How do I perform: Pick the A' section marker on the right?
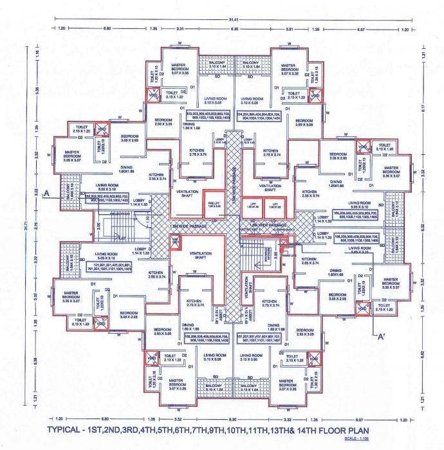(381, 336)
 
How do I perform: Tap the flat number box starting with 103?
(207, 116)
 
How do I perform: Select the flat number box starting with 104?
(261, 116)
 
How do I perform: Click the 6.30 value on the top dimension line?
(235, 29)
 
